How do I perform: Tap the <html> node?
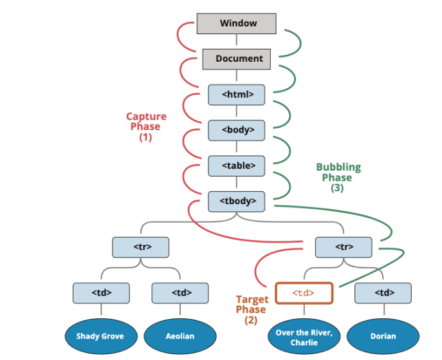pyautogui.click(x=237, y=95)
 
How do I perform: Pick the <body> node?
pyautogui.click(x=237, y=130)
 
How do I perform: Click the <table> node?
pyautogui.click(x=237, y=166)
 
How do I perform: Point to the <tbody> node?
pyautogui.click(x=237, y=201)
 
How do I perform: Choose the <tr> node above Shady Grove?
pyautogui.click(x=141, y=247)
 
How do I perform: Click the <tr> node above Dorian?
pyautogui.click(x=344, y=247)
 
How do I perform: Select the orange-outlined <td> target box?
pyautogui.click(x=304, y=293)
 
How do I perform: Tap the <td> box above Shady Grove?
pyautogui.click(x=101, y=293)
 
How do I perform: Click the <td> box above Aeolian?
pyautogui.click(x=181, y=293)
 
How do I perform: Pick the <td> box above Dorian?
pyautogui.click(x=383, y=293)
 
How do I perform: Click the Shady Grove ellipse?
pyautogui.click(x=100, y=336)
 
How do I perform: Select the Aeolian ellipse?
pyautogui.click(x=180, y=336)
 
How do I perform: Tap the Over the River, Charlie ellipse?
pyautogui.click(x=304, y=336)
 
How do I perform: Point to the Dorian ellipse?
pyautogui.click(x=383, y=336)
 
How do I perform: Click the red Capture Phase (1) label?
pyautogui.click(x=145, y=127)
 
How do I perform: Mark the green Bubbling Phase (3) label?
pyautogui.click(x=338, y=178)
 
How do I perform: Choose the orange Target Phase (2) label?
pyautogui.click(x=251, y=310)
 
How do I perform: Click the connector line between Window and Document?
pyautogui.click(x=237, y=41)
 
